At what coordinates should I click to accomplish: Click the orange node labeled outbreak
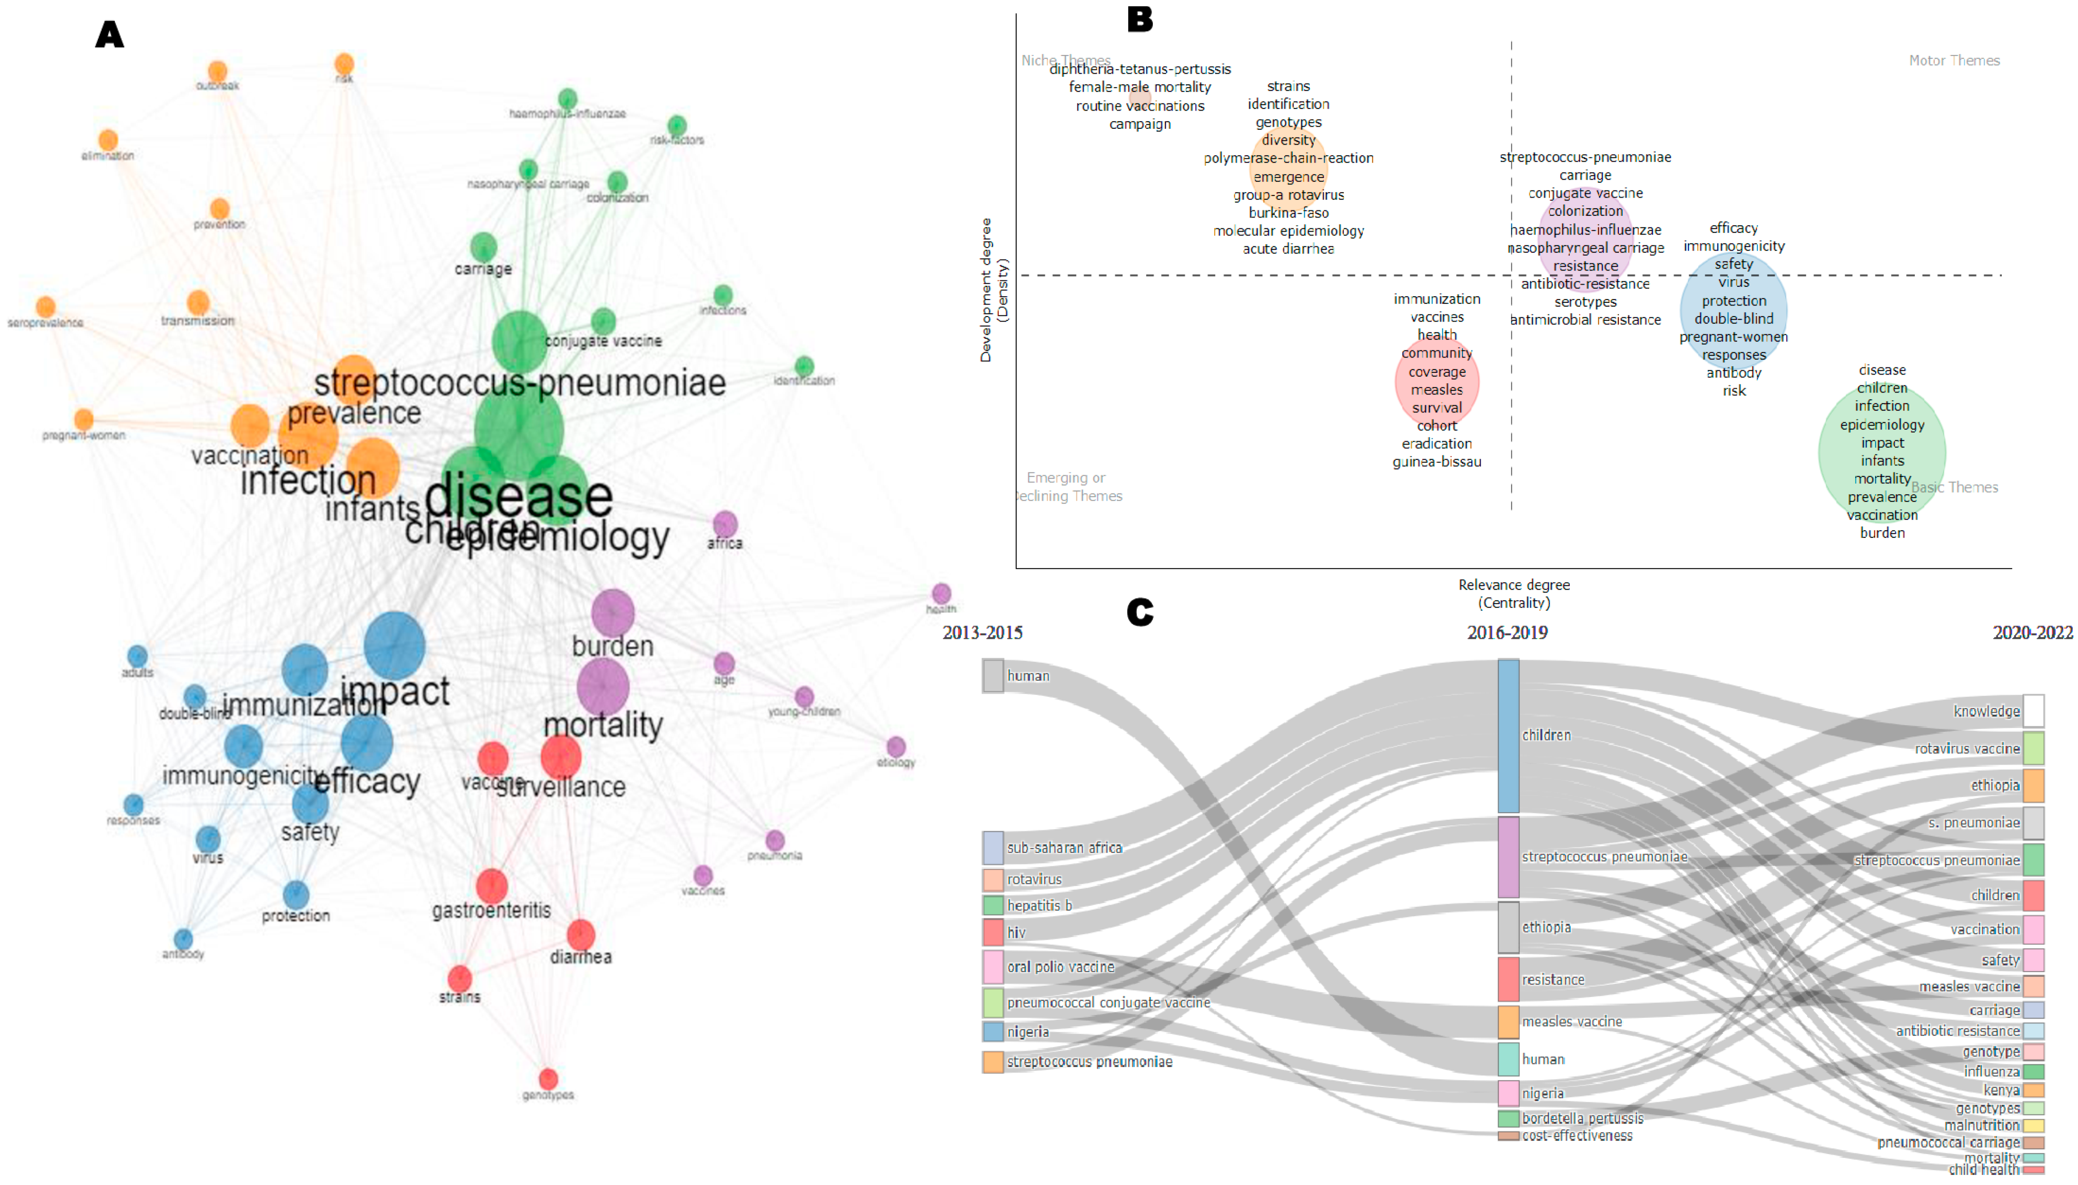click(x=217, y=72)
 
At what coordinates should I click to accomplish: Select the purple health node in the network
click(x=941, y=593)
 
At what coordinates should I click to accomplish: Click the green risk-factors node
click(x=677, y=125)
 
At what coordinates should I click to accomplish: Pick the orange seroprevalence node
click(x=46, y=307)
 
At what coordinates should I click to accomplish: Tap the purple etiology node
click(x=896, y=746)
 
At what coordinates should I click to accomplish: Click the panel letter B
click(x=1140, y=20)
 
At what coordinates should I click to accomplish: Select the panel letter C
click(x=1140, y=612)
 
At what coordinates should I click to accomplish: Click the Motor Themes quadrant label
click(x=1953, y=60)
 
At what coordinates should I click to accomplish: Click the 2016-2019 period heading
click(x=1507, y=632)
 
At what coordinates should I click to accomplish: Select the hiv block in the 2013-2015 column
click(x=993, y=932)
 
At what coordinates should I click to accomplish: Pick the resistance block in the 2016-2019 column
click(x=1508, y=979)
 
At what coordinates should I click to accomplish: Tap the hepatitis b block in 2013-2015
click(x=993, y=905)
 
